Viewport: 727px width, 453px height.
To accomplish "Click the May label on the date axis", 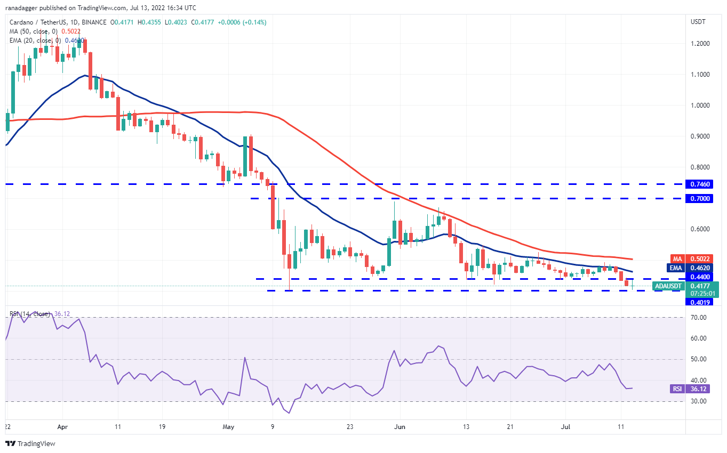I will point(228,427).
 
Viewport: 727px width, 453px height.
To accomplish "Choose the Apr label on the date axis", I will point(62,427).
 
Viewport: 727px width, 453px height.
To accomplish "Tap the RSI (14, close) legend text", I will point(30,313).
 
